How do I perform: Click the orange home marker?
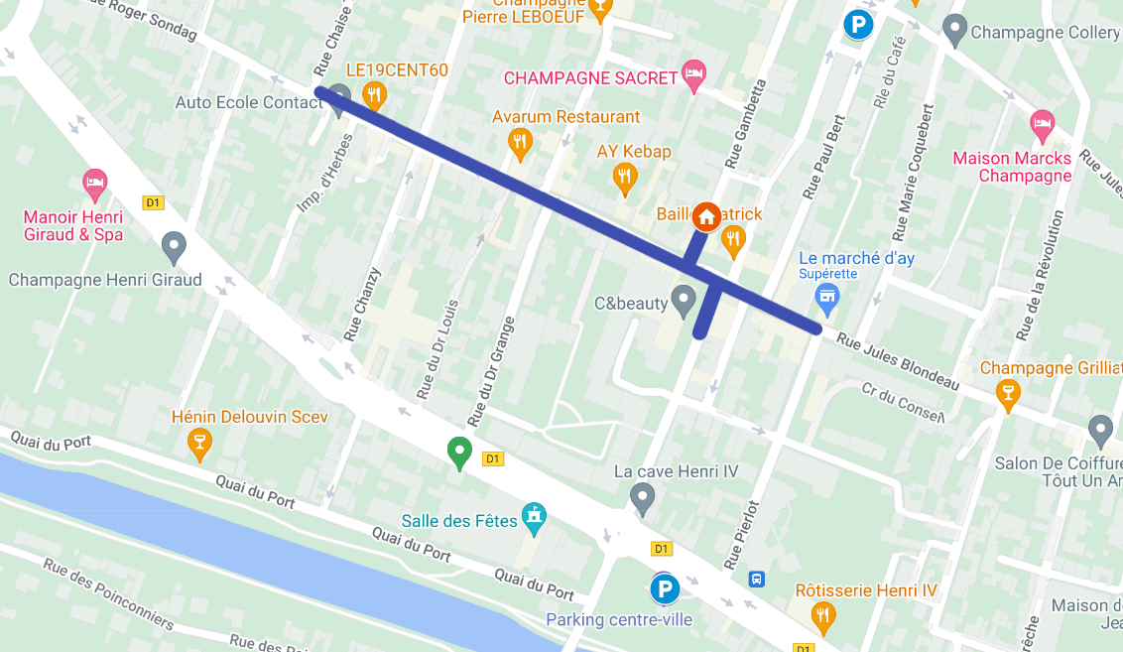coord(705,216)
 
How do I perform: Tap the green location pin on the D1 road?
coord(458,452)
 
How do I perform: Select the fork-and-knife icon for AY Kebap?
coord(623,178)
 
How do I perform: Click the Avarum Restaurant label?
coord(565,116)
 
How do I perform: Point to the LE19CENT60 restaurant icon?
coord(374,95)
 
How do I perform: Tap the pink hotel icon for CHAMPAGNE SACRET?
coord(694,75)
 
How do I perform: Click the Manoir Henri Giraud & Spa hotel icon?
coord(94,183)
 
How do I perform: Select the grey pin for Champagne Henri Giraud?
coord(175,246)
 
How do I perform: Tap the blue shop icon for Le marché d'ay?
coord(826,295)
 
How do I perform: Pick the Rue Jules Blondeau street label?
coord(897,362)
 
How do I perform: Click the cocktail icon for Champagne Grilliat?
coord(1008,393)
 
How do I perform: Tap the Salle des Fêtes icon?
coord(534,515)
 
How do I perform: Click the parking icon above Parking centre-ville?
coord(664,589)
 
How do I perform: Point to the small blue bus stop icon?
coord(757,579)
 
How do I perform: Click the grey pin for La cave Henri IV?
coord(643,496)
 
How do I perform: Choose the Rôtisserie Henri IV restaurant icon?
coord(822,616)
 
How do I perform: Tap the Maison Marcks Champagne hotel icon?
coord(1041,124)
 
